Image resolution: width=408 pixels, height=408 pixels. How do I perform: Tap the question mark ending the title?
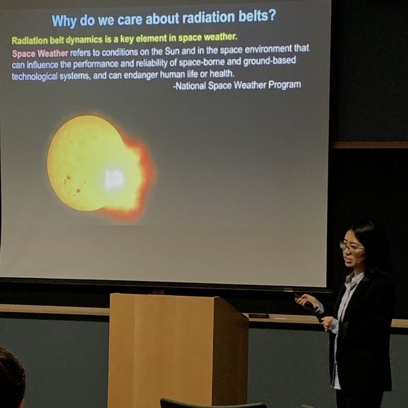point(272,16)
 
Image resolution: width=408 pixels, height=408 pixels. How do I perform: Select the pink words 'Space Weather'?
point(40,54)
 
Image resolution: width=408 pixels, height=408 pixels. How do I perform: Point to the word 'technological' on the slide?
point(35,76)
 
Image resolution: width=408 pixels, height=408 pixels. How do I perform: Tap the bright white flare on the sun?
point(114,179)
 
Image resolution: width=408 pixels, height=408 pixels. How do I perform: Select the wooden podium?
point(178,350)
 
